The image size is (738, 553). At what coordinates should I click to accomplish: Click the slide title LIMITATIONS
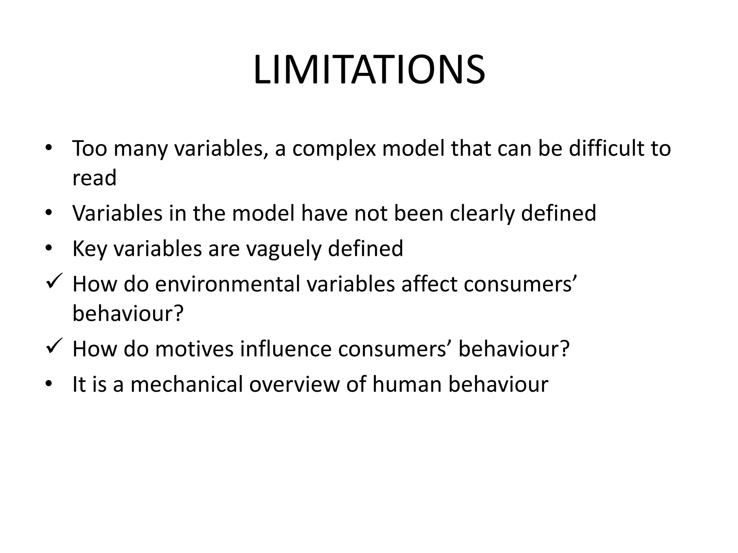click(369, 70)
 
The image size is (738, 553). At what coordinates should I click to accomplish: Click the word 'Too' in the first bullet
click(90, 148)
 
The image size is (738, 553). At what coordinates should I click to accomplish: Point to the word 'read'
click(94, 178)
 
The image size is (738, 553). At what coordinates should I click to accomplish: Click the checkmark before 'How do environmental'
click(55, 281)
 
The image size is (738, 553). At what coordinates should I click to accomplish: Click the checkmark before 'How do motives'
click(55, 346)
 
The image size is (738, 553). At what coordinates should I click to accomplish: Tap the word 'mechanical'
click(186, 384)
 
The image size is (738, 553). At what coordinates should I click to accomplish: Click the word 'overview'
click(294, 384)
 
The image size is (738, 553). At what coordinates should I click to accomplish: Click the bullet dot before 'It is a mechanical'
click(49, 384)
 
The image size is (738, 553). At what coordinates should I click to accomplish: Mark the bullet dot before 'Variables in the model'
click(49, 213)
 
